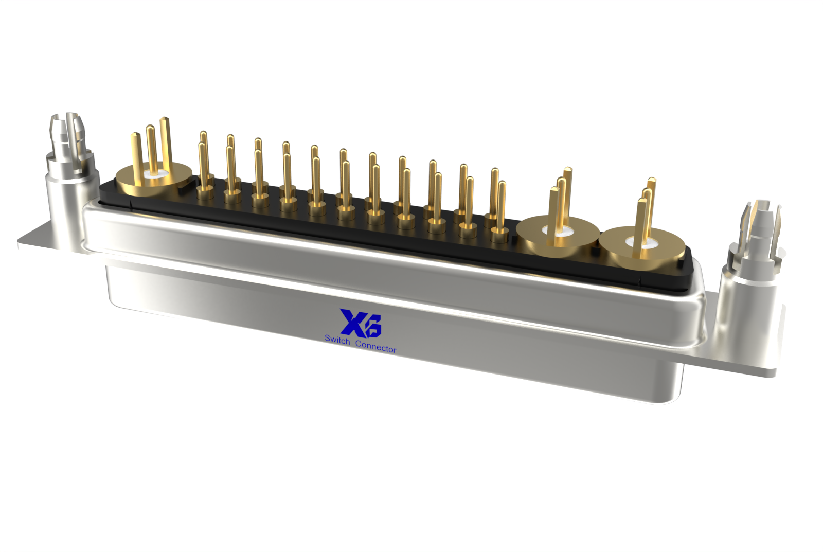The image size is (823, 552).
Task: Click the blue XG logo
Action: tap(361, 323)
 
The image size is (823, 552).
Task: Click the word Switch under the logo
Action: tap(337, 340)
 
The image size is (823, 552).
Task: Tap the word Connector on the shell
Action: tap(376, 347)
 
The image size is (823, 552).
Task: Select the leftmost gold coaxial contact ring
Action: tap(154, 179)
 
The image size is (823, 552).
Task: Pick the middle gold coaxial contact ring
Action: tap(558, 235)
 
